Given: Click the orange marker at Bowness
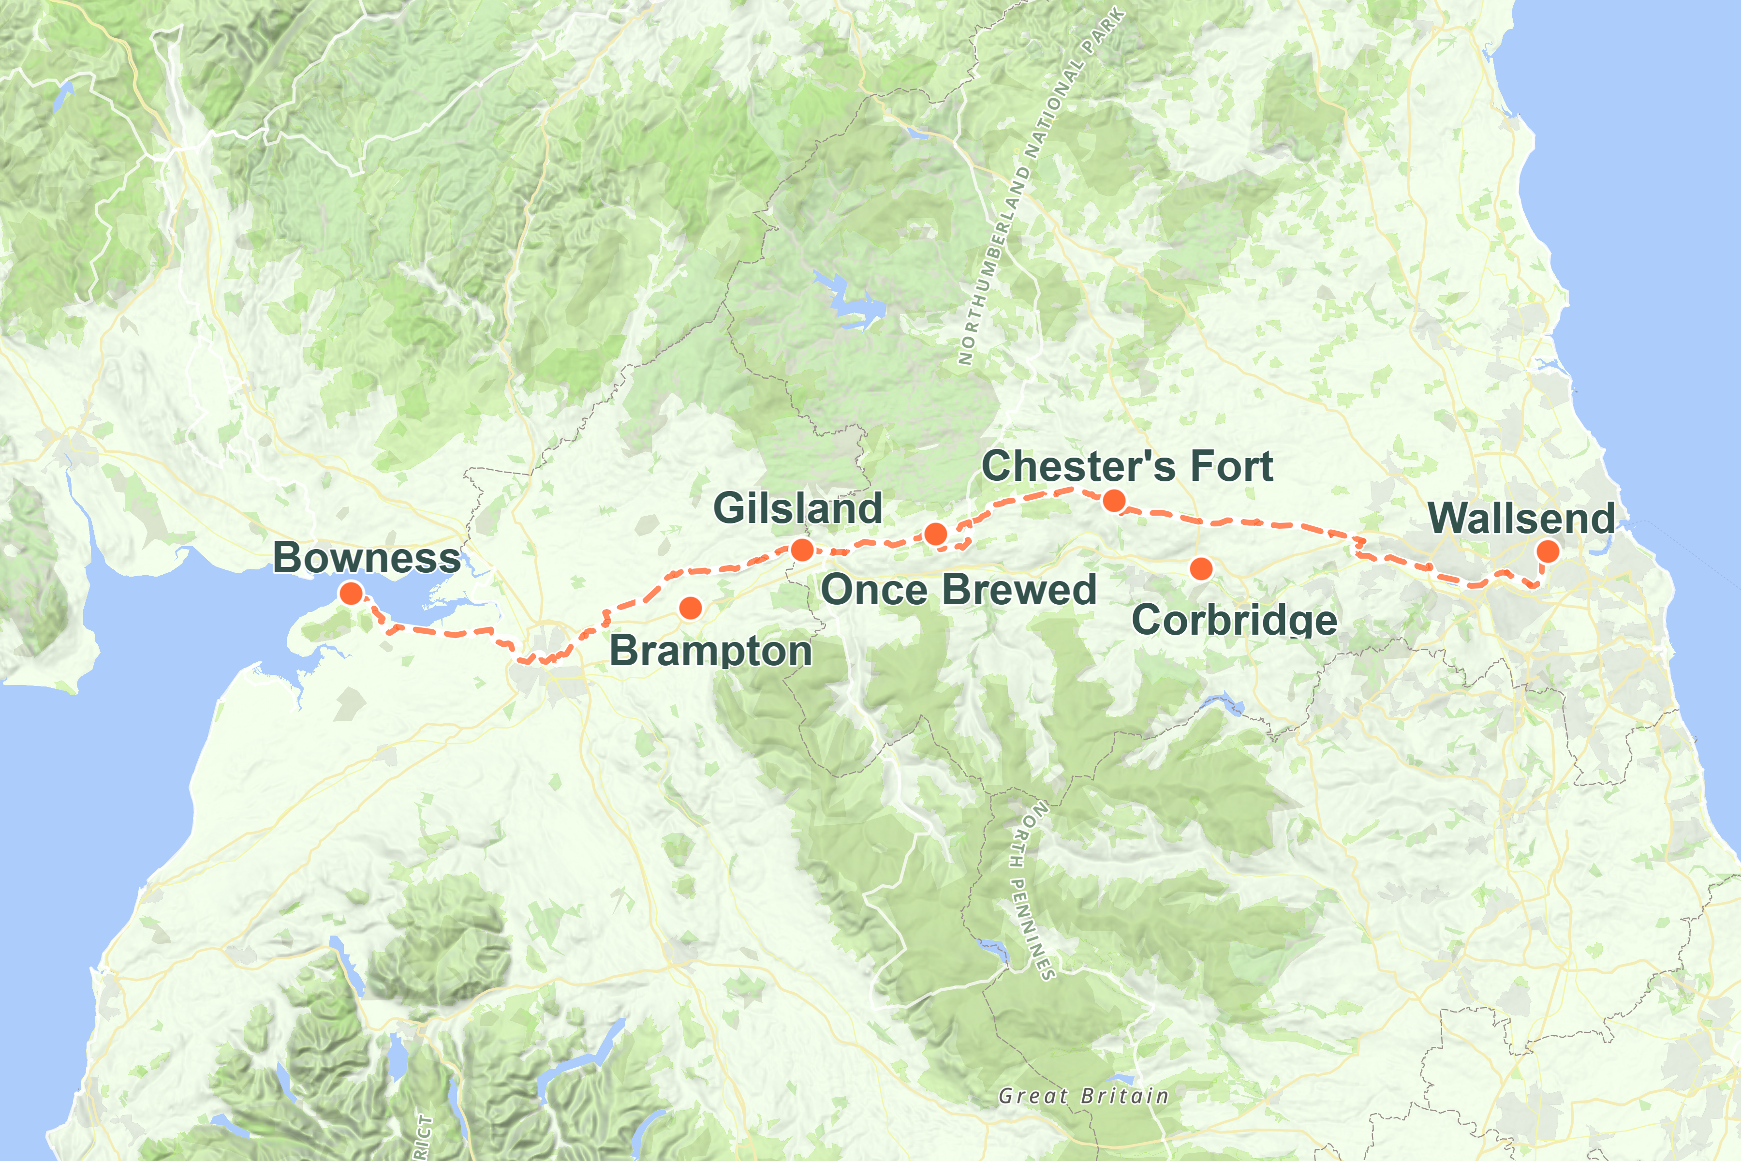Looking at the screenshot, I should [351, 593].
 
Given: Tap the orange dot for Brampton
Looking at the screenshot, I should [690, 608].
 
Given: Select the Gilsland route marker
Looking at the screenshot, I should [802, 550].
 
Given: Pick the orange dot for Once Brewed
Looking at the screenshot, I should [936, 533].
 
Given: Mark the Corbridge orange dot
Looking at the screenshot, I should [1201, 569].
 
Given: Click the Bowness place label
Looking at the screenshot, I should [367, 558].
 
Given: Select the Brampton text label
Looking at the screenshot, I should [710, 651].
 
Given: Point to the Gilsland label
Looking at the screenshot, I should [797, 508].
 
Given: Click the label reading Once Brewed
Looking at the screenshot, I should [958, 589].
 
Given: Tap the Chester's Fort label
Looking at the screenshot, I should [1127, 466].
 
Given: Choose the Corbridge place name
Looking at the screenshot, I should [1234, 620].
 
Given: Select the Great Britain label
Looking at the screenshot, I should [1083, 1096].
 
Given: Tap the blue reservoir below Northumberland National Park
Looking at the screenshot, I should [851, 300].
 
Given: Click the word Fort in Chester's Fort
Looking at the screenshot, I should [1231, 466].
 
